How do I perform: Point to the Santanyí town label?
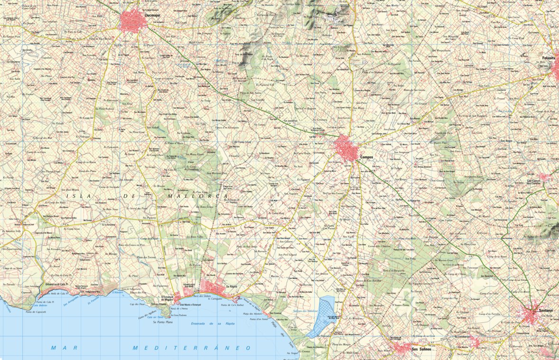coord(542,310)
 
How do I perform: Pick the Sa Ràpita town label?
coord(231,287)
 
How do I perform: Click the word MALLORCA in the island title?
coord(198,195)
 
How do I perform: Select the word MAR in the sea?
coord(60,348)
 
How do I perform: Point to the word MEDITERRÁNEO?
coord(191,348)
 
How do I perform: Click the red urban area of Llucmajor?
coord(130,21)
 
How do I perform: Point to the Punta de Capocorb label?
coord(36,312)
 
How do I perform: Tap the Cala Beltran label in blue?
coord(39,292)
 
